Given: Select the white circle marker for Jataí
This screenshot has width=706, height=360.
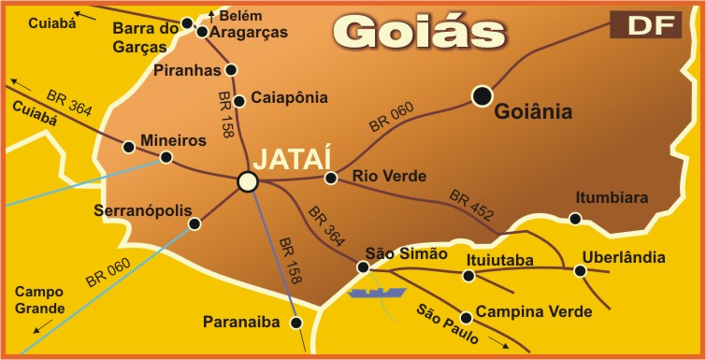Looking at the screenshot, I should [x=247, y=181].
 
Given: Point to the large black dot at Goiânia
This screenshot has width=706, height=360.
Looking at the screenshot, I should [x=482, y=94].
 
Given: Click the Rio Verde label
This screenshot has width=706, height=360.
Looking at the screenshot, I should [x=389, y=176].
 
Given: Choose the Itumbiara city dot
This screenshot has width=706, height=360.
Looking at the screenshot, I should [x=575, y=219].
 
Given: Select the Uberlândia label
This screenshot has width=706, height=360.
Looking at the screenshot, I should [x=624, y=257].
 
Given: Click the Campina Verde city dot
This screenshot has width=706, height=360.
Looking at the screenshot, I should [x=466, y=316].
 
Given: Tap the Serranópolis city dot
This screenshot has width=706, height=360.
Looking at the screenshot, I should [x=195, y=223].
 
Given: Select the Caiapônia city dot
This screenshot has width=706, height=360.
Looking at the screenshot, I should [x=239, y=101].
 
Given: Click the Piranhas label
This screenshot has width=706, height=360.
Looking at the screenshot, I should [x=190, y=70].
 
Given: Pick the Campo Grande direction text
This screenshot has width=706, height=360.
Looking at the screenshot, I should [x=40, y=299].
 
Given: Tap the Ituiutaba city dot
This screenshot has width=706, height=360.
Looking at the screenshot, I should [x=468, y=275].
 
